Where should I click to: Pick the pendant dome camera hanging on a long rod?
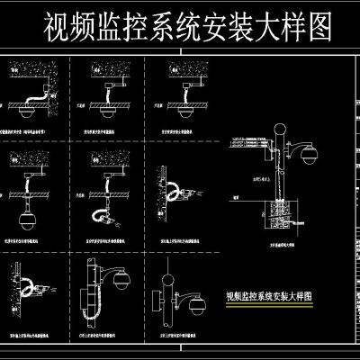click(x=25, y=218)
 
